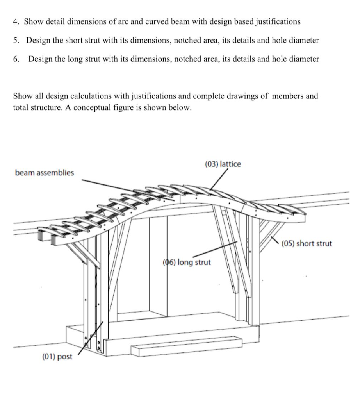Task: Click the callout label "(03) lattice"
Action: coord(223,164)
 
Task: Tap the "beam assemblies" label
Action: coord(44,173)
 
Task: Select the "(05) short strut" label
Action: coord(307,244)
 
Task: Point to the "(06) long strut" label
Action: coord(186,262)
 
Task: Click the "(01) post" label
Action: coord(57,356)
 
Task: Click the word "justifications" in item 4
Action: coord(278,22)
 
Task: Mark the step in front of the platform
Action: coord(185,346)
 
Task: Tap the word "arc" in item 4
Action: coord(125,22)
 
